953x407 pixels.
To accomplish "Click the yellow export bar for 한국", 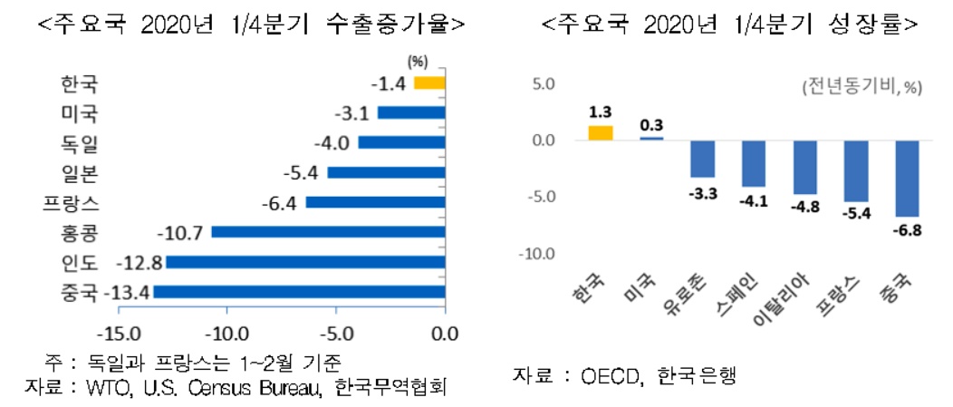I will tap(429, 83).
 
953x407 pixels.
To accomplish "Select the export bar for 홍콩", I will tap(328, 232).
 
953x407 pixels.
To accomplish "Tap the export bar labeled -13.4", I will tap(299, 291).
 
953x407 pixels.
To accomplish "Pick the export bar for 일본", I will tap(386, 172).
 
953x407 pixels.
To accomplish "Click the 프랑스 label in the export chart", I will tap(68, 202).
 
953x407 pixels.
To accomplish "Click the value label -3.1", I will tap(350, 113).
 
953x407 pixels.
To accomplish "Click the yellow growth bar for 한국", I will tap(601, 132).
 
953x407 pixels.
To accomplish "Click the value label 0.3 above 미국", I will tap(650, 126).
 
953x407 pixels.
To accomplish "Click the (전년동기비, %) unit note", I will tap(860, 87).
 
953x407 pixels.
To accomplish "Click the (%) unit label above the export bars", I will tap(418, 62).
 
